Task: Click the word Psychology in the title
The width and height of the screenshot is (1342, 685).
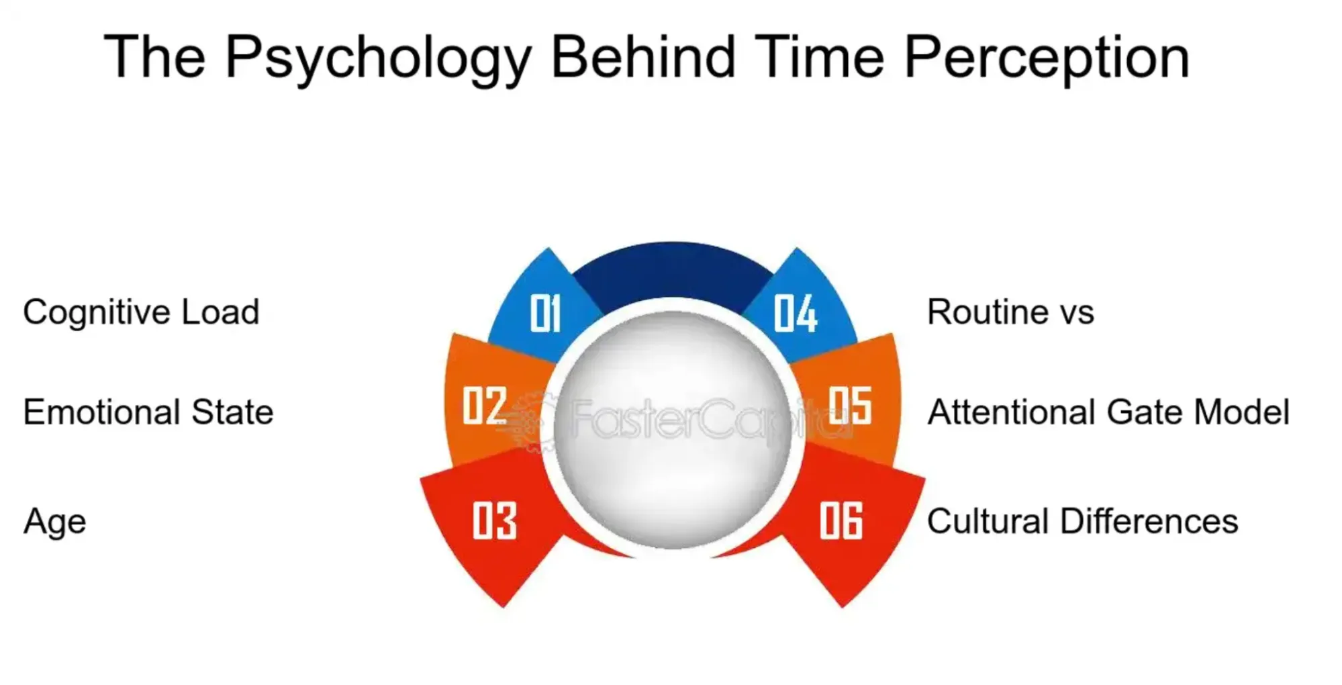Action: point(379,58)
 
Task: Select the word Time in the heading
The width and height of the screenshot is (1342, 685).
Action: point(819,57)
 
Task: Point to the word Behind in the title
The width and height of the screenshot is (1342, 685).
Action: point(642,57)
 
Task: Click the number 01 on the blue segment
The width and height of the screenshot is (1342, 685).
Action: point(544,313)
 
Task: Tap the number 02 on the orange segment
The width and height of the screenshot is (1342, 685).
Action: point(484,405)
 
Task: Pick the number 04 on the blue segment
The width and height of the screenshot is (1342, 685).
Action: point(796,313)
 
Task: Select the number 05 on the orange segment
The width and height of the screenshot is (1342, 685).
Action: point(850,405)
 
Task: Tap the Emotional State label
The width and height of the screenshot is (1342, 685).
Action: point(148,412)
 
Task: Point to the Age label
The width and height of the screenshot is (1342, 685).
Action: point(55,522)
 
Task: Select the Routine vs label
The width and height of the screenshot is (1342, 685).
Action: point(1010,312)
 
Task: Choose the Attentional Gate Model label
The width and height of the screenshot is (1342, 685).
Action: point(1108,412)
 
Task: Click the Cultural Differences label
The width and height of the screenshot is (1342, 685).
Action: point(1082,521)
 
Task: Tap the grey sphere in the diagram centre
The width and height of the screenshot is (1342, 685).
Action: point(672,430)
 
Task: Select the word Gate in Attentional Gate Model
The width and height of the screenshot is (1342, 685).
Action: point(1145,412)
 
